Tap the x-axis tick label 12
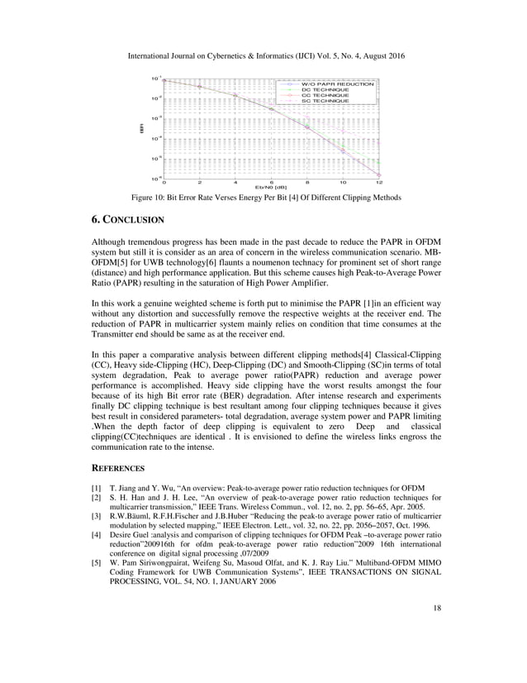coord(378,182)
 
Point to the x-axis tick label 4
coord(235,182)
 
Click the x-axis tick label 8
coord(307,182)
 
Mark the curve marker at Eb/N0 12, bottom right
coord(378,174)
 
